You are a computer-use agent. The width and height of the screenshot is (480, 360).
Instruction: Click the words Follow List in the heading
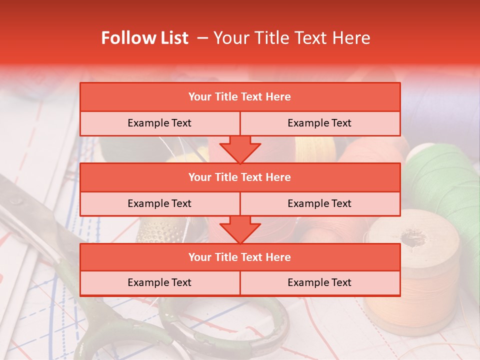144,38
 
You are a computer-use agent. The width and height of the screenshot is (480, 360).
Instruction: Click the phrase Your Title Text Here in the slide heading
291,38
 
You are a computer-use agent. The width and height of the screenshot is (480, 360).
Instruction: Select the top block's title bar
240,97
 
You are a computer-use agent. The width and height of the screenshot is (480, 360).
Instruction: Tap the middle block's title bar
240,177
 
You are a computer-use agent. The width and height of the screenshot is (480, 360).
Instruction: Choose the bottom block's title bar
240,257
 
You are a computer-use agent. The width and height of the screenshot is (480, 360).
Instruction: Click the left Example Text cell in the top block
159,123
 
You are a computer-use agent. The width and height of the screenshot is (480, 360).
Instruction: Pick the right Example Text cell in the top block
320,123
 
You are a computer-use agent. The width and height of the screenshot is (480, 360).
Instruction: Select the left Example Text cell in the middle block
159,203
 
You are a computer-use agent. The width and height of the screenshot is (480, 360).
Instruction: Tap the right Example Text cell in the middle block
320,203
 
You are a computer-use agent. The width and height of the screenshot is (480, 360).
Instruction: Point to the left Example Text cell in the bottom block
159,282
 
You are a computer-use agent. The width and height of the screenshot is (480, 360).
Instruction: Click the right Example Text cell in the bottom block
320,282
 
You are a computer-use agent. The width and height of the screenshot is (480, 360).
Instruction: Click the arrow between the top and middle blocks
240,149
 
